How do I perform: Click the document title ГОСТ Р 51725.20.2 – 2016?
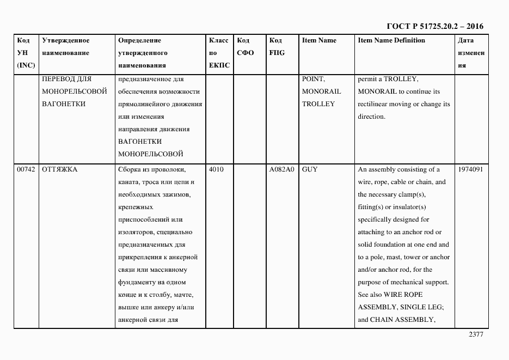click(x=434, y=26)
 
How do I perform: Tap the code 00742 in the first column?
click(x=26, y=169)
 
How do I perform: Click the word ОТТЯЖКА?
click(x=60, y=169)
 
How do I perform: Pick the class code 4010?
click(x=216, y=169)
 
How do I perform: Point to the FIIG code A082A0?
click(x=281, y=169)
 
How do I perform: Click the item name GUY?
click(x=310, y=169)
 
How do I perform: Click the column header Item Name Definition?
click(x=391, y=40)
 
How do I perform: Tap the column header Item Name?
click(x=319, y=40)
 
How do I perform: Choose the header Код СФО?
click(x=246, y=47)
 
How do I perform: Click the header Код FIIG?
click(x=277, y=47)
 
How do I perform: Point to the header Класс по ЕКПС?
click(x=219, y=53)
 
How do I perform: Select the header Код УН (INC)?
click(x=26, y=53)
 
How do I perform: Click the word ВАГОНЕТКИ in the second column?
click(x=64, y=103)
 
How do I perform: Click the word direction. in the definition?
click(x=371, y=117)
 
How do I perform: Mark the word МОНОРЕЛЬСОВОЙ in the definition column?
click(x=150, y=154)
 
